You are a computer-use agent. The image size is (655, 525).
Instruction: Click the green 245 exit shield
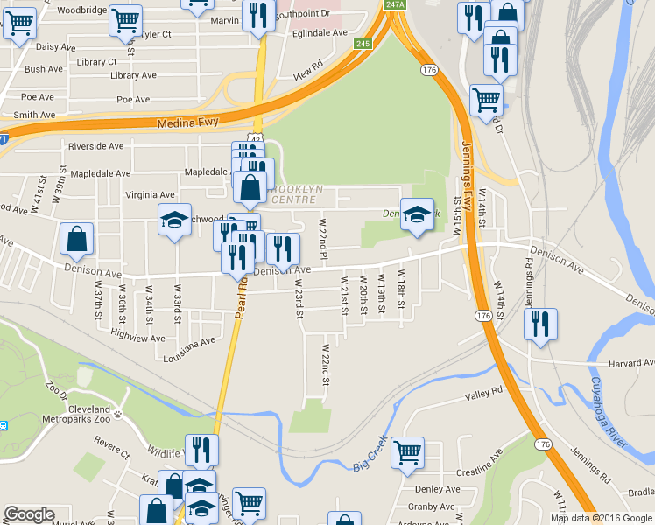363,44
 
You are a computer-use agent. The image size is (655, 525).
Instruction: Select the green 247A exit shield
395,4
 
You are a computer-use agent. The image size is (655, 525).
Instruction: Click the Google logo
29,514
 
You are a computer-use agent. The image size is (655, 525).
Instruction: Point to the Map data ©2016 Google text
602,518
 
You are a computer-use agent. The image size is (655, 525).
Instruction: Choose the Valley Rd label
483,394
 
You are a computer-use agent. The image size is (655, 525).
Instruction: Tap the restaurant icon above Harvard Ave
539,323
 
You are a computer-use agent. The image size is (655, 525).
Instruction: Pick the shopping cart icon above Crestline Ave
408,451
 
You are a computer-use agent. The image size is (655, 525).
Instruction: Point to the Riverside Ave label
96,146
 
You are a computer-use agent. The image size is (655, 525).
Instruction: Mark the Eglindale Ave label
322,32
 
